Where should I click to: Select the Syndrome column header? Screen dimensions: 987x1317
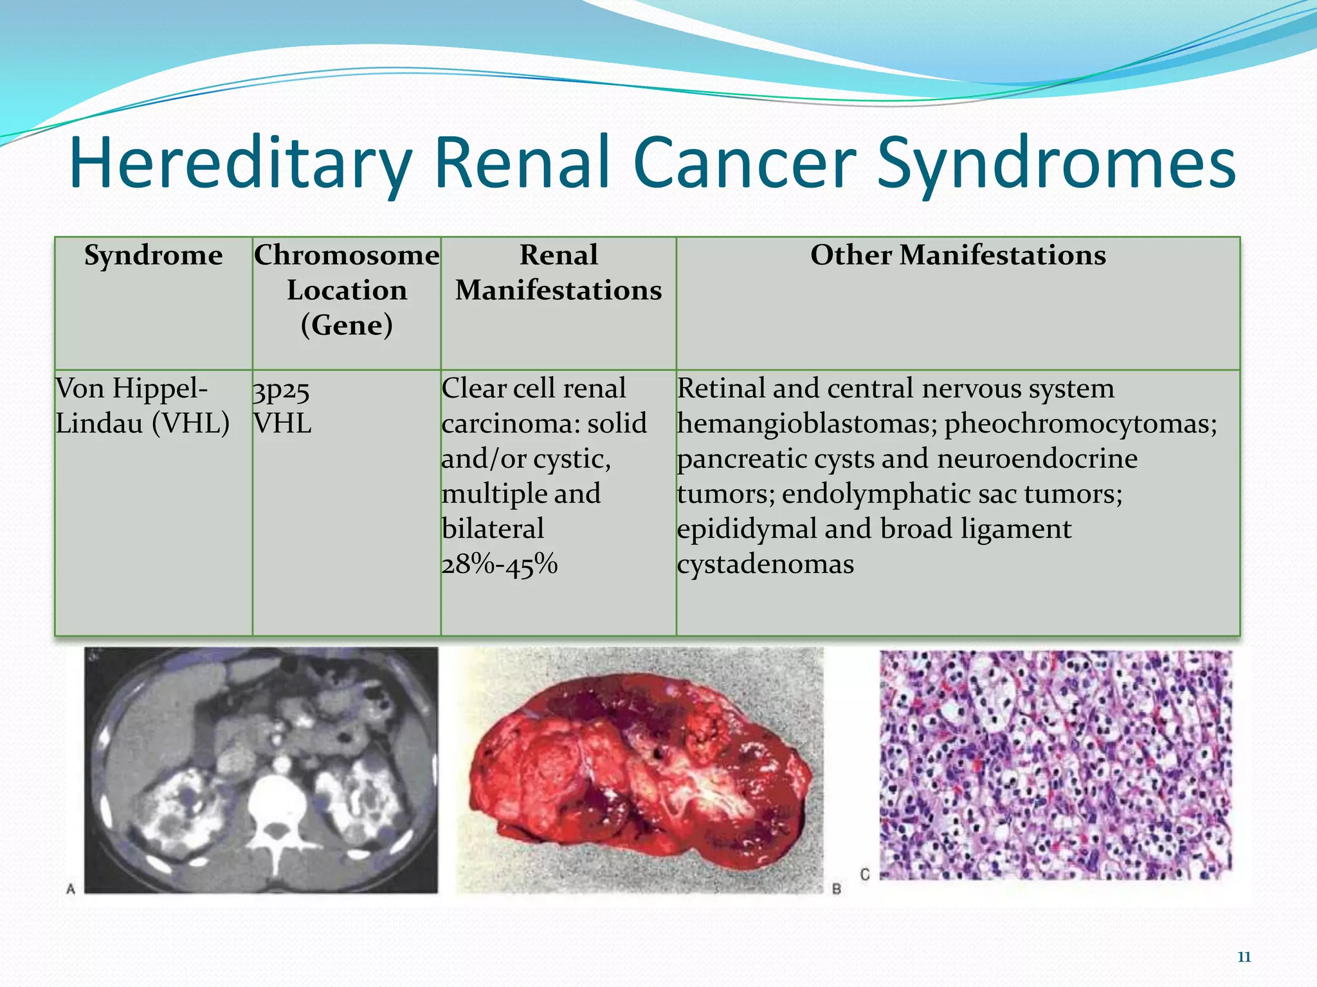coord(153,256)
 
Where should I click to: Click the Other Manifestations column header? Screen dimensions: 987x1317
coord(958,255)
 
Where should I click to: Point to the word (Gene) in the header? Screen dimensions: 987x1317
coord(347,325)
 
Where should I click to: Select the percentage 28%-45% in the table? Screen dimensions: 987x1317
coord(500,565)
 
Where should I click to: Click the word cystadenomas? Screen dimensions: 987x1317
coord(765,565)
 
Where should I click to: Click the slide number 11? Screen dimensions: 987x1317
coord(1244,957)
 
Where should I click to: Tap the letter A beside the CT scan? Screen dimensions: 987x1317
coord(71,889)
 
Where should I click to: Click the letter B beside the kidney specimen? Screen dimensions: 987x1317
coord(837,889)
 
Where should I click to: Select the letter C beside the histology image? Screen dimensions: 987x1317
coord(865,875)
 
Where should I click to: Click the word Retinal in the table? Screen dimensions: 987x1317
coord(720,389)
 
